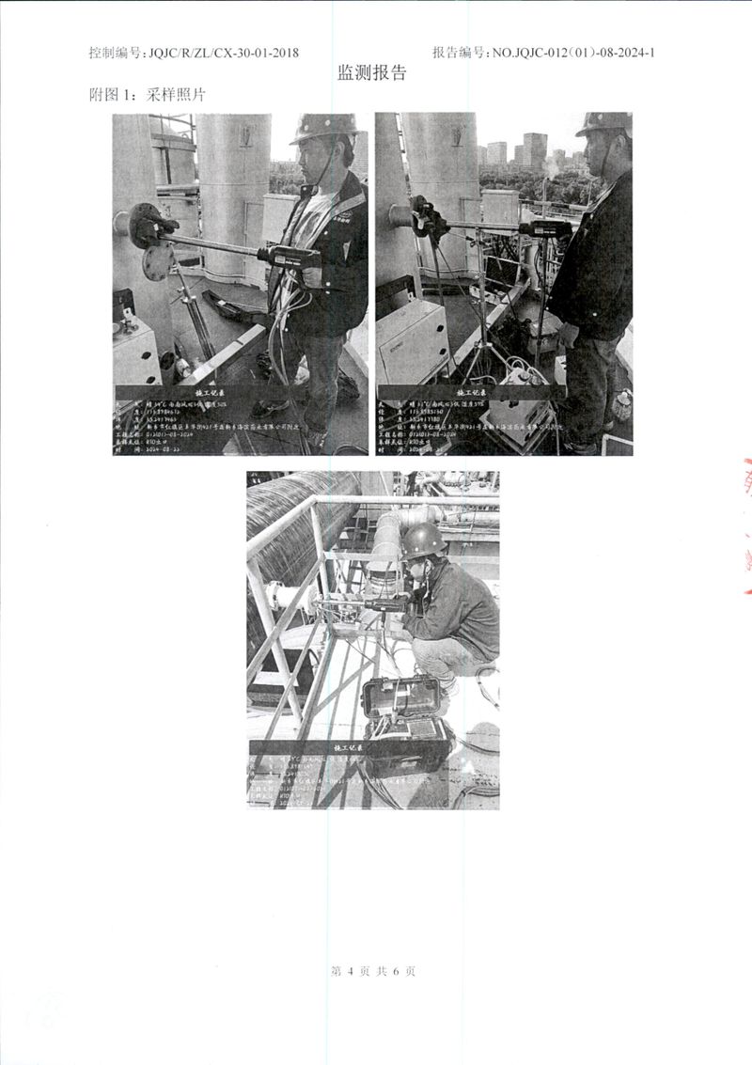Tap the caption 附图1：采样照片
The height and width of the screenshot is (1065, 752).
click(147, 96)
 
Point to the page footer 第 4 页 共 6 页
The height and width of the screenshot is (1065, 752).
click(373, 971)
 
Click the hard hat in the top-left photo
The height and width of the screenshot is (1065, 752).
click(324, 128)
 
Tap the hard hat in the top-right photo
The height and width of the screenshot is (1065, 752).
click(604, 123)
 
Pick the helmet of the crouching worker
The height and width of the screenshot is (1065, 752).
click(423, 539)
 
